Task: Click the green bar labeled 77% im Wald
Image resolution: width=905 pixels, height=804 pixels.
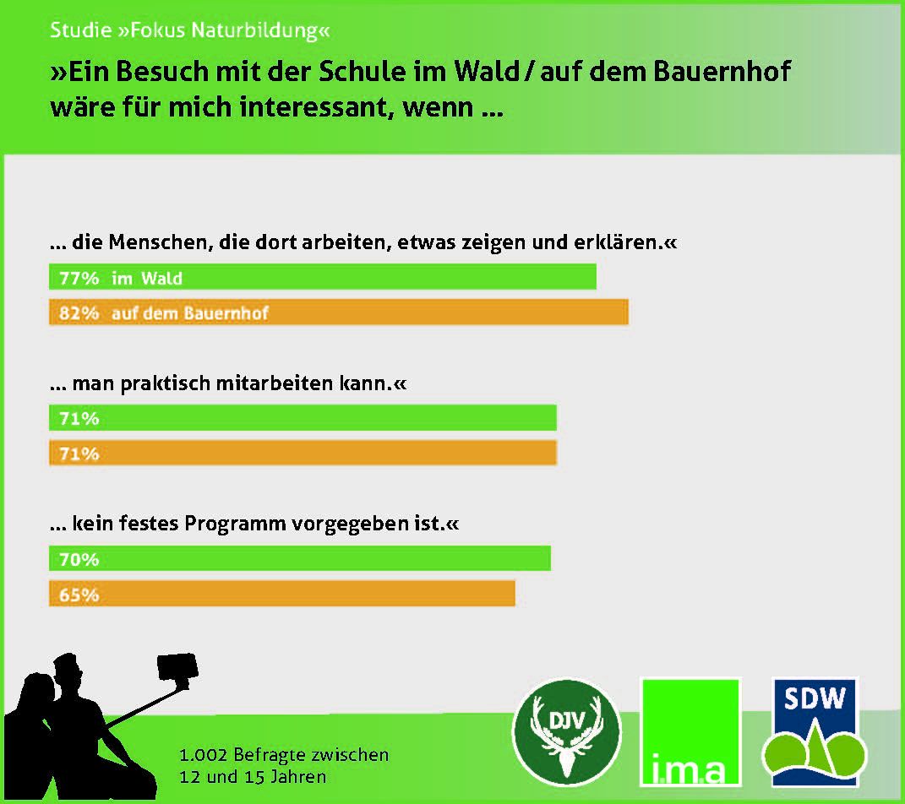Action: (x=323, y=277)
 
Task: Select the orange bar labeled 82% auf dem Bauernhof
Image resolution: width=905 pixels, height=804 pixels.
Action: (x=339, y=312)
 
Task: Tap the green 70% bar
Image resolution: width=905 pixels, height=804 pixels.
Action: (x=299, y=558)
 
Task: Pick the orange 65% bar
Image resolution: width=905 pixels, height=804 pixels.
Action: (x=281, y=594)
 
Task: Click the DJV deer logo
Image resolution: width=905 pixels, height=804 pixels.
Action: (x=566, y=732)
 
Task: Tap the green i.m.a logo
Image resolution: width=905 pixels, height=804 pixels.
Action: (x=690, y=732)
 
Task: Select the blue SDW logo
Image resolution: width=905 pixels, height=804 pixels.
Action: (x=815, y=732)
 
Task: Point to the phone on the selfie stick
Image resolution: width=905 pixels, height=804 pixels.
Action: (x=177, y=667)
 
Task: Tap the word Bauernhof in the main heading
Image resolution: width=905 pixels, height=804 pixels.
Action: (x=722, y=72)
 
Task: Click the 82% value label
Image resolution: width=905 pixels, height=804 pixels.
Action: (x=79, y=312)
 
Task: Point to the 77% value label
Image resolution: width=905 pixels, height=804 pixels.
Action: (x=79, y=278)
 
